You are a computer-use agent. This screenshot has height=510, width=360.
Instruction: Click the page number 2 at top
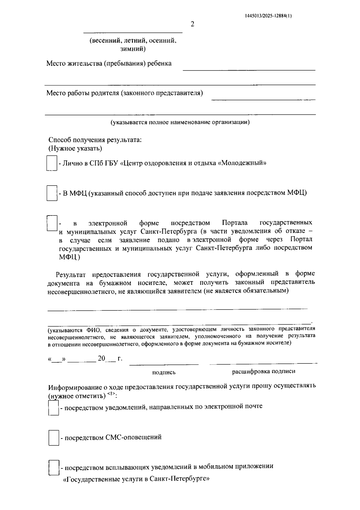(192, 24)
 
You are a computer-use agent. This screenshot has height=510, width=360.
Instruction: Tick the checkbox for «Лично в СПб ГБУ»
(52, 163)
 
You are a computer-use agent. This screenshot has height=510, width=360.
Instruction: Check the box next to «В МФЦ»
(52, 193)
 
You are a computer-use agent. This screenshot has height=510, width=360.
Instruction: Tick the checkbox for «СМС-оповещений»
(54, 438)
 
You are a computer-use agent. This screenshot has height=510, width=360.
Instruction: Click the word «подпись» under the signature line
(164, 373)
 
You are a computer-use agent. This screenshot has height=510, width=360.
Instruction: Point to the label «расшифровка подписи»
(263, 371)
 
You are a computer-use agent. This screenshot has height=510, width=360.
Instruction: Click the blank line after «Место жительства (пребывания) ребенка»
(249, 69)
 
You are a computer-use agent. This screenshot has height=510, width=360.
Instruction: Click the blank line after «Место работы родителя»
(263, 99)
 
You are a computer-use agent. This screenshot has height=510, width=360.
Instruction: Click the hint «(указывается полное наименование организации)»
(180, 122)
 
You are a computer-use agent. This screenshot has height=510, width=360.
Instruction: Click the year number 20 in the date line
(101, 358)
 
